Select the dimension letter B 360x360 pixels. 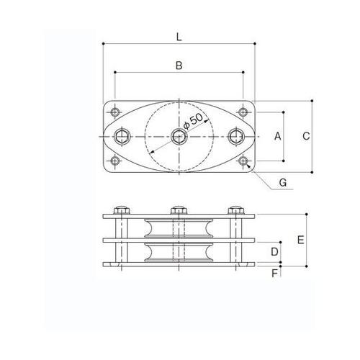(x=179, y=66)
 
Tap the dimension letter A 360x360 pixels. (x=279, y=135)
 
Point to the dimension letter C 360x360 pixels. (x=305, y=135)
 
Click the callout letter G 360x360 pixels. (x=283, y=184)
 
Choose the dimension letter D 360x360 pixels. (x=274, y=251)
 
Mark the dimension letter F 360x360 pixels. (x=274, y=273)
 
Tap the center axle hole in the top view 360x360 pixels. (x=179, y=135)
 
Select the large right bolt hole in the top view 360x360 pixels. (x=235, y=135)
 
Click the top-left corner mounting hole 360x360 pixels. (x=115, y=111)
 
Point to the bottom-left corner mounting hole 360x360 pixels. (x=115, y=161)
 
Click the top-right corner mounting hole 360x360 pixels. (x=243, y=111)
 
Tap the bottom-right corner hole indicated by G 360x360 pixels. (x=243, y=161)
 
